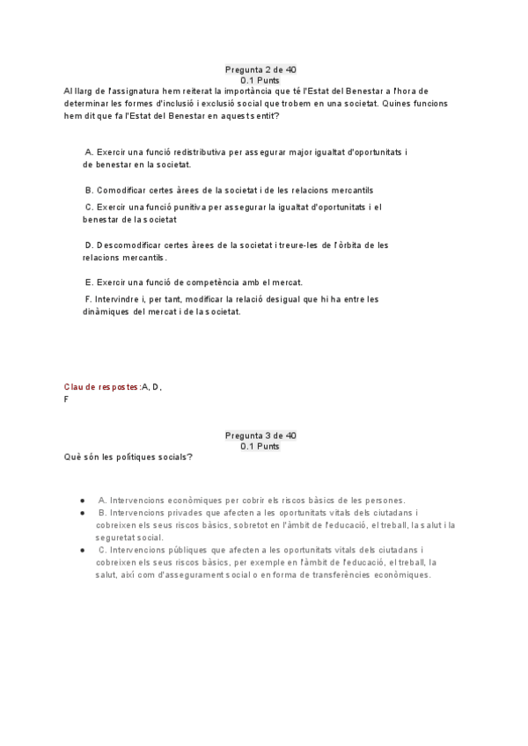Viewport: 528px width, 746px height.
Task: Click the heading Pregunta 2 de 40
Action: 260,69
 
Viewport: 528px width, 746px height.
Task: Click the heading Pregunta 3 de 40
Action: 260,435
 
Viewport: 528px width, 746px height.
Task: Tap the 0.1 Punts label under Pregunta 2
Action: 260,80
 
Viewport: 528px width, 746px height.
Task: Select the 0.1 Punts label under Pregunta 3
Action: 260,446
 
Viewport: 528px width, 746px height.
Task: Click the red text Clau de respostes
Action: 101,387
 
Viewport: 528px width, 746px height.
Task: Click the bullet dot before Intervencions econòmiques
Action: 82,500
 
